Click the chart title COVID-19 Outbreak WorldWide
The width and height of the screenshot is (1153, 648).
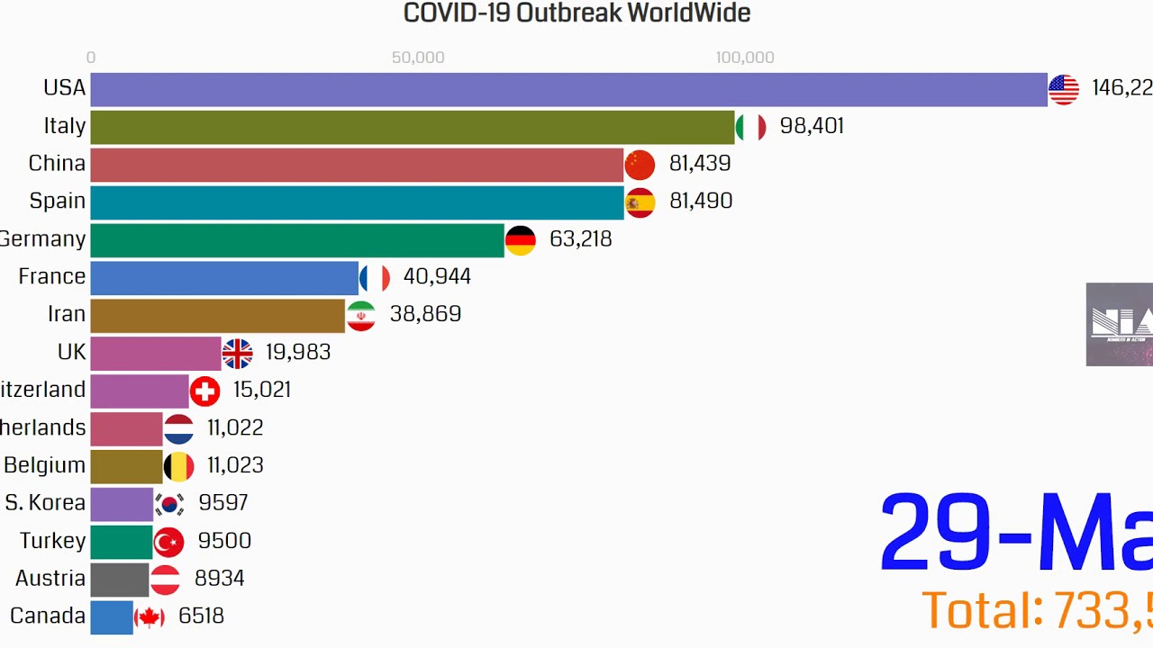click(576, 13)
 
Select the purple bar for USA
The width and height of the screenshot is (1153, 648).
click(567, 89)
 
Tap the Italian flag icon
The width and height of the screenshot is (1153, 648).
click(750, 127)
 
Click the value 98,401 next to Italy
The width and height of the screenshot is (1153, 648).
click(812, 126)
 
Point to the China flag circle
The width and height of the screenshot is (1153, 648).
click(640, 165)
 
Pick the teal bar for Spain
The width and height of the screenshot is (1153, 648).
click(357, 202)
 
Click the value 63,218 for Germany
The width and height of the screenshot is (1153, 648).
click(580, 239)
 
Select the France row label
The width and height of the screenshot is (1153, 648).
click(51, 277)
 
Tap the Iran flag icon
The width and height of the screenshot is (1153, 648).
click(360, 315)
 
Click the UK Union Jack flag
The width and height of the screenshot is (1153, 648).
click(237, 353)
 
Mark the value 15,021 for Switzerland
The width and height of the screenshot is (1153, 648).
click(261, 390)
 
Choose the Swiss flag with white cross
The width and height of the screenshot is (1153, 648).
click(204, 391)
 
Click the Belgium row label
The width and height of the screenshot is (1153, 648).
click(44, 465)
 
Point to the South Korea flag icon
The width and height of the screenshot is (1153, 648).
click(168, 504)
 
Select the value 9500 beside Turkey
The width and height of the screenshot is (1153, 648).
click(224, 541)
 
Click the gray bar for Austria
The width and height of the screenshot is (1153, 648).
click(120, 580)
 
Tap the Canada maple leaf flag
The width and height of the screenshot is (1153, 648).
click(149, 617)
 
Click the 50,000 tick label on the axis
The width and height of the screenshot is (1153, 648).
click(418, 58)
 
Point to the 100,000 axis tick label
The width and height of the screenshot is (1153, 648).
click(745, 58)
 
